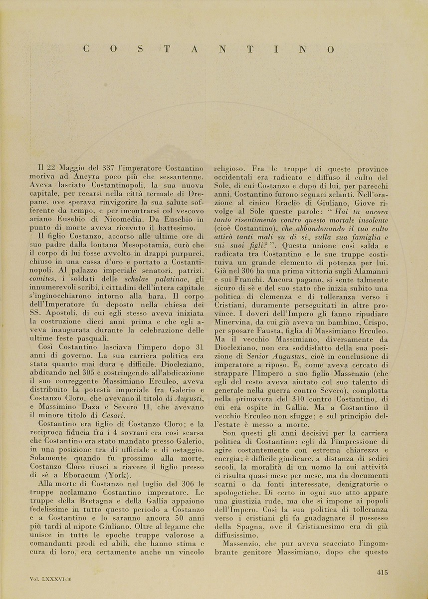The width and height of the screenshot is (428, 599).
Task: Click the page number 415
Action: pos(382,573)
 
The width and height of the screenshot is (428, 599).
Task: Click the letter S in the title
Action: pos(141,49)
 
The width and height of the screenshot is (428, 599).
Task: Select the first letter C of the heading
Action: pos(86,49)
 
